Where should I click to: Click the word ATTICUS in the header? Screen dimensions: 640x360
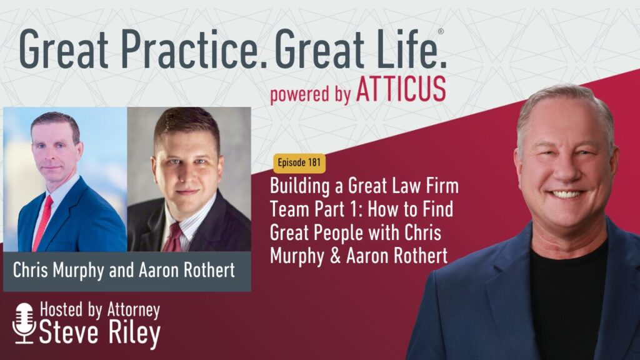[401, 89]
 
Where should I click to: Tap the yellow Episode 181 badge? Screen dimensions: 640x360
[299, 163]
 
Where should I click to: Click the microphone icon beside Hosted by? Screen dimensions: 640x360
[24, 323]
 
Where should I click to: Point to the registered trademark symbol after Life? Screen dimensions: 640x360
[441, 32]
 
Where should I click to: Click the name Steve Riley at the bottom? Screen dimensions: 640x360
[99, 332]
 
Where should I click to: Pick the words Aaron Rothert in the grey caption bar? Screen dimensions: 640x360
[186, 270]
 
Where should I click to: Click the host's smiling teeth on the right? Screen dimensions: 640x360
[566, 194]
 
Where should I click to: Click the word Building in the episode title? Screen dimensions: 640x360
[300, 186]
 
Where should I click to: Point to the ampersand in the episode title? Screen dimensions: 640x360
[335, 256]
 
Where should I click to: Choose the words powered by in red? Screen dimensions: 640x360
[310, 94]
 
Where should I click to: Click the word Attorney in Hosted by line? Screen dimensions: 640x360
[134, 310]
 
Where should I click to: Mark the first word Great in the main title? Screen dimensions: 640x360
[64, 49]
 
